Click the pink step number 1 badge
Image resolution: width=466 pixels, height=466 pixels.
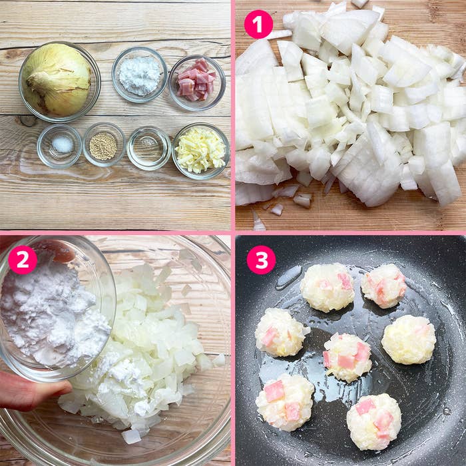pyautogui.click(x=258, y=24)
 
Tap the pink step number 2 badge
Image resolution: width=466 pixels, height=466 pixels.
pyautogui.click(x=23, y=260)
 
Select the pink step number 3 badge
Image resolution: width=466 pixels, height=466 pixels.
pyautogui.click(x=261, y=260)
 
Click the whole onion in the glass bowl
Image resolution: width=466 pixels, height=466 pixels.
pyautogui.click(x=57, y=79)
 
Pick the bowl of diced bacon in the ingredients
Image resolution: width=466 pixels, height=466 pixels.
pyautogui.click(x=197, y=83)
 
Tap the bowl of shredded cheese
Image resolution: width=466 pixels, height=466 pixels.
pyautogui.click(x=201, y=151)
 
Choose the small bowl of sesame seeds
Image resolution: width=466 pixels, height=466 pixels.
pyautogui.click(x=104, y=144)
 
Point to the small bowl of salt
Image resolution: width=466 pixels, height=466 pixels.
pyautogui.click(x=59, y=146)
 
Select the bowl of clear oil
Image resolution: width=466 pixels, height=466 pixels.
pyautogui.click(x=148, y=148)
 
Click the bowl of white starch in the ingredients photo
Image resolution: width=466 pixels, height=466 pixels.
pyautogui.click(x=139, y=74)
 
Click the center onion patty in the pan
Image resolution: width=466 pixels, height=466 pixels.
pyautogui.click(x=347, y=357)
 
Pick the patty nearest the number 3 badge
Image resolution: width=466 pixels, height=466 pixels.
pyautogui.click(x=328, y=288)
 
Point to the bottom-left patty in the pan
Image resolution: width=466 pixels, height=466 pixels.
pyautogui.click(x=285, y=402)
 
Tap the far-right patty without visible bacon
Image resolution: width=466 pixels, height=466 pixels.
pyautogui.click(x=408, y=340)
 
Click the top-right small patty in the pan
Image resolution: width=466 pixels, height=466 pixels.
pyautogui.click(x=383, y=286)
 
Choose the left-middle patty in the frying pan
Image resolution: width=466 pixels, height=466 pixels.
pyautogui.click(x=280, y=332)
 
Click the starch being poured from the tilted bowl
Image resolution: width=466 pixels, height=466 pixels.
pyautogui.click(x=51, y=315)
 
